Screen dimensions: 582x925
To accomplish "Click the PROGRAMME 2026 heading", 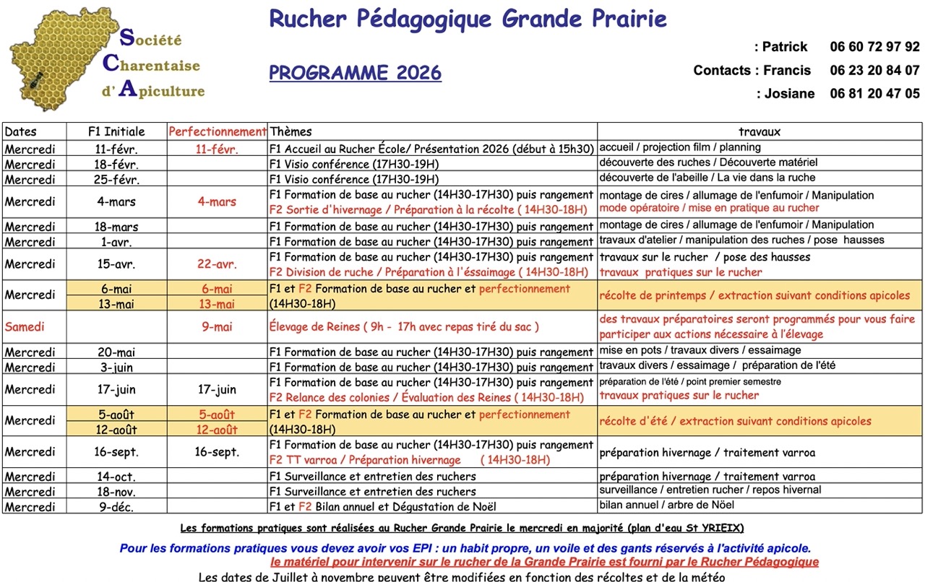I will (x=355, y=73).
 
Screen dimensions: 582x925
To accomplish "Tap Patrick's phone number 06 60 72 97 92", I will (x=874, y=47).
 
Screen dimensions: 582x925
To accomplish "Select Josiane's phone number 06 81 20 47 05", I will (x=874, y=94).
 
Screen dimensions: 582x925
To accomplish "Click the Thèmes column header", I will (x=291, y=131).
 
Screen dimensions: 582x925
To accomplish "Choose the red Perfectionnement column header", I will (x=217, y=131).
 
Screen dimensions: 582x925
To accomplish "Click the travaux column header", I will (x=759, y=131).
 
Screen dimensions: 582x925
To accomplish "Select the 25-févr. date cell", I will (x=116, y=180).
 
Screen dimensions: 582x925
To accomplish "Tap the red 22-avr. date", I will (x=217, y=264).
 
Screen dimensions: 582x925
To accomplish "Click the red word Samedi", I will (x=25, y=326).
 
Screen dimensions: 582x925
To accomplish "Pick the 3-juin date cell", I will (x=116, y=368).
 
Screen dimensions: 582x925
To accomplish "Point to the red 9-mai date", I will (x=217, y=326).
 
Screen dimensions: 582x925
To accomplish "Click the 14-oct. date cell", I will (x=116, y=477).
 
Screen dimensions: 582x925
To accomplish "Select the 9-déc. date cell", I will (x=116, y=507).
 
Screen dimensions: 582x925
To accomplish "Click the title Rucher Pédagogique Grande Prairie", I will (x=468, y=19).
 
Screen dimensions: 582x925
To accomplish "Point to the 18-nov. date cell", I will (x=116, y=492).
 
